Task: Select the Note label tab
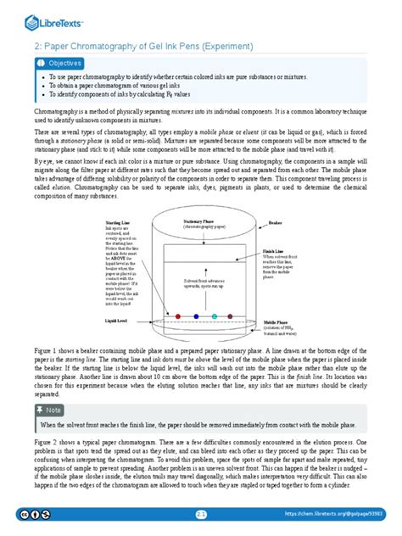pyautogui.click(x=52, y=410)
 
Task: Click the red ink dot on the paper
pyautogui.click(x=179, y=316)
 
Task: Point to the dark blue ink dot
pyautogui.click(x=197, y=316)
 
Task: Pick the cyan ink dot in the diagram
pyautogui.click(x=215, y=316)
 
